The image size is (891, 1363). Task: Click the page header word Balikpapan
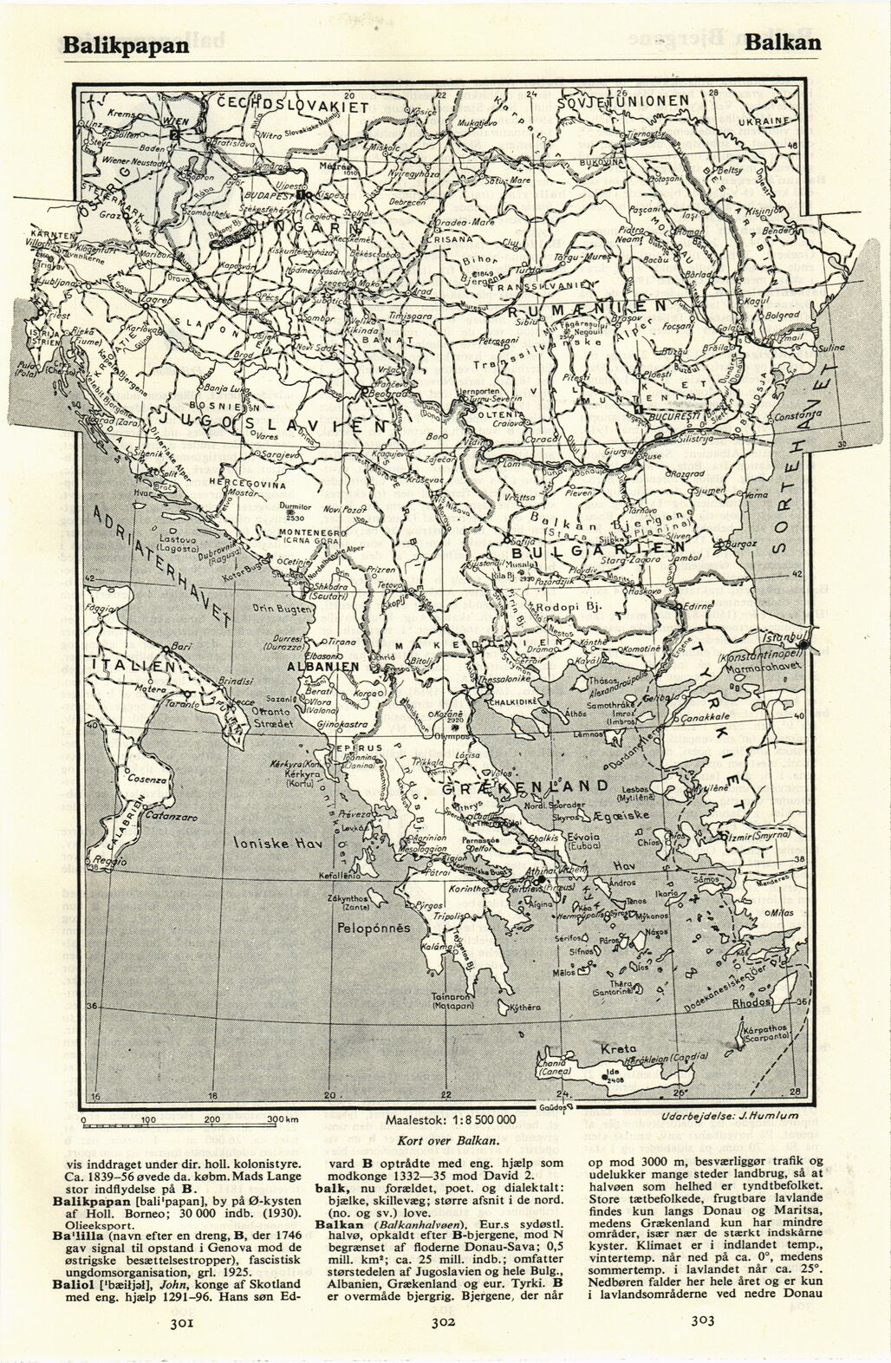pos(125,45)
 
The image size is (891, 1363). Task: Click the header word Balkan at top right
pos(783,42)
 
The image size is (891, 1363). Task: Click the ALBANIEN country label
pos(323,668)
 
